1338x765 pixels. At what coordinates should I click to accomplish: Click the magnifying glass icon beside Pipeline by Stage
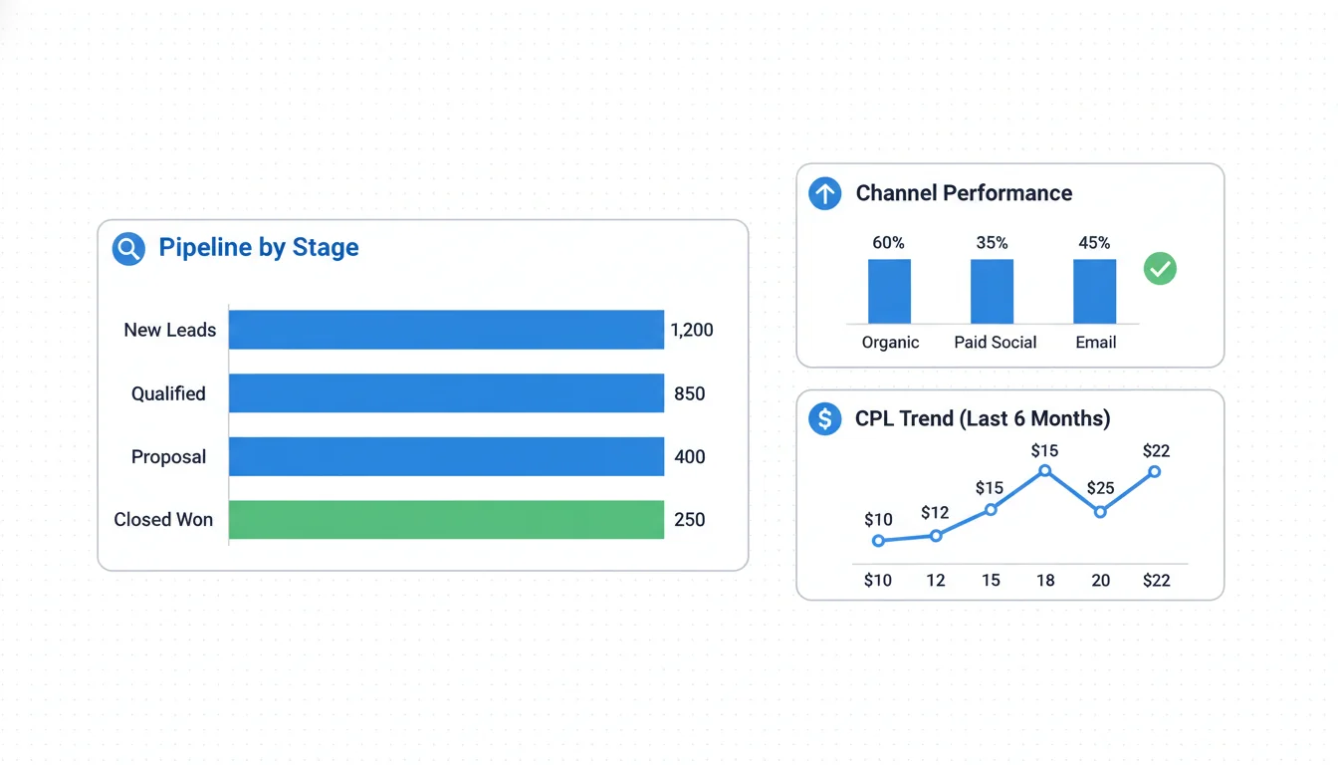[128, 248]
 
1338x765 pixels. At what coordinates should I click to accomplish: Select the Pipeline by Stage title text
[259, 248]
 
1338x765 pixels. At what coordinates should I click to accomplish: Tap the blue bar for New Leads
[446, 330]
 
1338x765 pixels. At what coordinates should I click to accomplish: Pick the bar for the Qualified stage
[446, 393]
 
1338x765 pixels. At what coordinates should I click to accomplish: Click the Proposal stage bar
[446, 456]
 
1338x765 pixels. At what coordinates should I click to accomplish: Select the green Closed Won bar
[446, 520]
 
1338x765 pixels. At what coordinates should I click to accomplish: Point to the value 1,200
[692, 330]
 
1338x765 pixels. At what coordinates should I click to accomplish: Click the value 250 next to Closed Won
[690, 520]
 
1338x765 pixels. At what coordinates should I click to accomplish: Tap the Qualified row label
[168, 393]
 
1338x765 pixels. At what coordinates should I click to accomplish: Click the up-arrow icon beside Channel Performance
[824, 193]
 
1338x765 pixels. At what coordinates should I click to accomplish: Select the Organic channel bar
[889, 291]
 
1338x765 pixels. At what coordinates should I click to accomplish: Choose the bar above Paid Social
[992, 291]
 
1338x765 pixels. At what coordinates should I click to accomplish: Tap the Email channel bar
[1094, 291]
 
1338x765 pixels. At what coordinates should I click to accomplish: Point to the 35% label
[992, 243]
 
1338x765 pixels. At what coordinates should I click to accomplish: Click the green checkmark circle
[1160, 268]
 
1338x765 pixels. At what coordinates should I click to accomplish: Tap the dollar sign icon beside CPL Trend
[824, 418]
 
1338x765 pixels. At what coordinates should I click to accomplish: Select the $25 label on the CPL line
[1100, 488]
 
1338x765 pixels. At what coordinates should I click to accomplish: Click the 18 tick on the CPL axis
[1045, 580]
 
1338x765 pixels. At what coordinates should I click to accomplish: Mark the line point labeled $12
[936, 536]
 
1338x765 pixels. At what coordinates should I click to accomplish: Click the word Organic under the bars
[890, 343]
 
